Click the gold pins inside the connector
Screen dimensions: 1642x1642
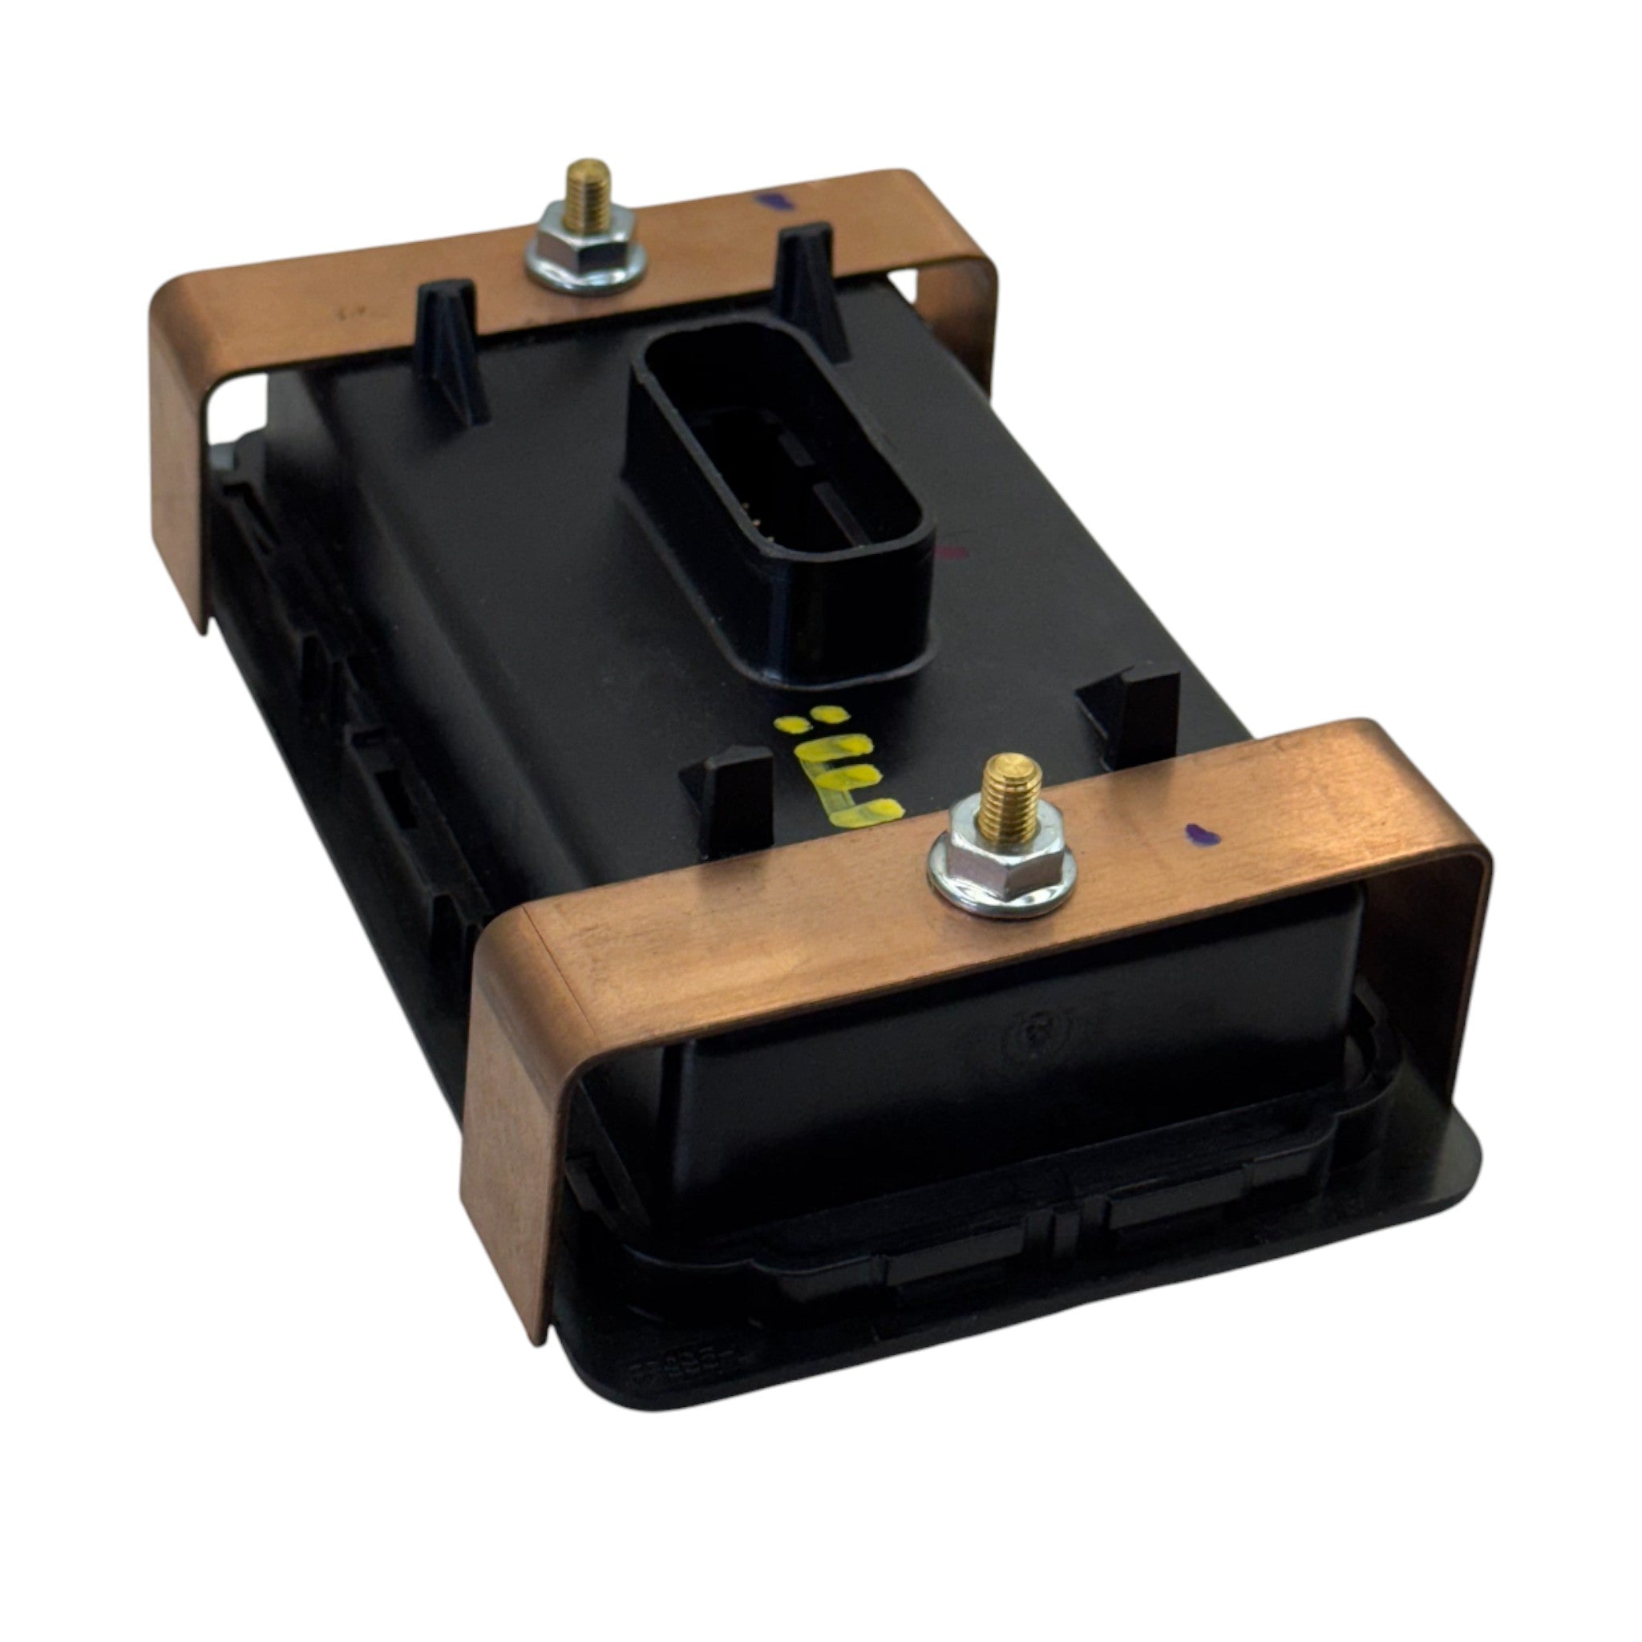753,510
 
